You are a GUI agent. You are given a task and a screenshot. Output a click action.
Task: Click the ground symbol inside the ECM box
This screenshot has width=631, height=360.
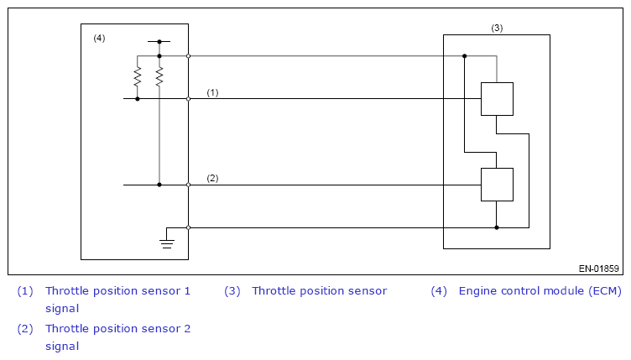pyautogui.click(x=167, y=243)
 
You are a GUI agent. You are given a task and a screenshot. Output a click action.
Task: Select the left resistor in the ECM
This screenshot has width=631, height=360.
pyautogui.click(x=138, y=76)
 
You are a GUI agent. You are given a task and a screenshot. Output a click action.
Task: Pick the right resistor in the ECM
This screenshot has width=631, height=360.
pyautogui.click(x=159, y=76)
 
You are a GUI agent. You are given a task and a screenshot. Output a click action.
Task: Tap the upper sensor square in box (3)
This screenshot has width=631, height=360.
pyautogui.click(x=497, y=99)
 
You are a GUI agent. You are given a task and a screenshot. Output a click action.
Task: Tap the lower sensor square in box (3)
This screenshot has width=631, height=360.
pyautogui.click(x=497, y=185)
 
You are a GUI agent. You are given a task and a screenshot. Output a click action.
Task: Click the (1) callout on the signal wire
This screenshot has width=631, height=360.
pyautogui.click(x=212, y=92)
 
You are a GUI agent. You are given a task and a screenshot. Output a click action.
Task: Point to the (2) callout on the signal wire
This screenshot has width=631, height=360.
pyautogui.click(x=212, y=178)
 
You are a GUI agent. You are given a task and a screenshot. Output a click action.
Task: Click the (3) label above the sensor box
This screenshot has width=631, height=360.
pyautogui.click(x=497, y=28)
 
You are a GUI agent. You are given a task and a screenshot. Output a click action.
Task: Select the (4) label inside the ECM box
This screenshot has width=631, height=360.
pyautogui.click(x=99, y=38)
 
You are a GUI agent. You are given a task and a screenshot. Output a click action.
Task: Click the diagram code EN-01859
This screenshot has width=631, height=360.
pyautogui.click(x=599, y=269)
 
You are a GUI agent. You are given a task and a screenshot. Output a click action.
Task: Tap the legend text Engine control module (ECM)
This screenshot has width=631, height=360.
pyautogui.click(x=540, y=291)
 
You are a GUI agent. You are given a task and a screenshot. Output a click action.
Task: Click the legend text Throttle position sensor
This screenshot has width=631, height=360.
pyautogui.click(x=320, y=291)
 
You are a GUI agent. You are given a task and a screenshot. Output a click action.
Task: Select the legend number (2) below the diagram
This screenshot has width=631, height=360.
pyautogui.click(x=25, y=329)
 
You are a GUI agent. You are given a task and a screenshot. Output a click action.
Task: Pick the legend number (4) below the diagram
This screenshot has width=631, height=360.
pyautogui.click(x=439, y=291)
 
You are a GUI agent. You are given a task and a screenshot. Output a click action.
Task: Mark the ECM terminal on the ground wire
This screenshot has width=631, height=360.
pyautogui.click(x=188, y=227)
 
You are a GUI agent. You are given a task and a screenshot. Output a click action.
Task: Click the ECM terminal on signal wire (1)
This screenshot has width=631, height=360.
pyautogui.click(x=188, y=99)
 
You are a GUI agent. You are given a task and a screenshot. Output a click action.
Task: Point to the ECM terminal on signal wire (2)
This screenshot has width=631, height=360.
pyautogui.click(x=188, y=185)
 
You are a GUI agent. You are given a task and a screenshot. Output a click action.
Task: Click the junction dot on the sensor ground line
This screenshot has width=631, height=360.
pyautogui.click(x=497, y=227)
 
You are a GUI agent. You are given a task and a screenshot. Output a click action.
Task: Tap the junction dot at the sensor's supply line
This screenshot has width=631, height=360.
pyautogui.click(x=464, y=56)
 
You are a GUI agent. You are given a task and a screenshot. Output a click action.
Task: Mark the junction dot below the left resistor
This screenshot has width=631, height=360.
pyautogui.click(x=138, y=99)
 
